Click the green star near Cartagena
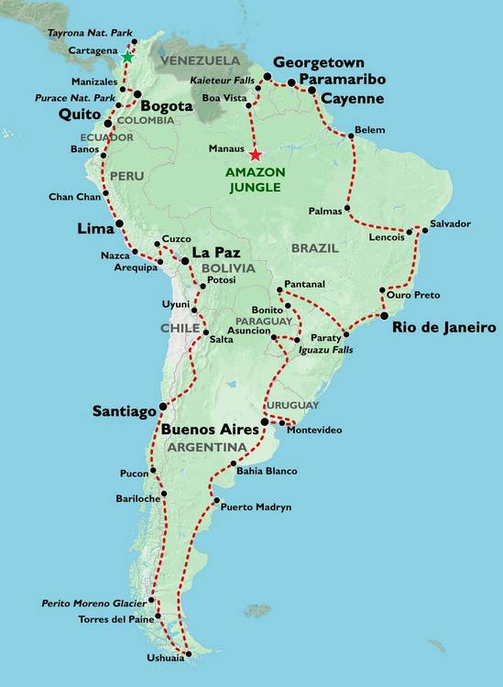pyautogui.click(x=126, y=58)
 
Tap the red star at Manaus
pyautogui.click(x=255, y=155)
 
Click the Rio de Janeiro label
pyautogui.click(x=444, y=327)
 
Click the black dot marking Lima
pyautogui.click(x=119, y=224)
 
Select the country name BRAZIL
pyautogui.click(x=315, y=248)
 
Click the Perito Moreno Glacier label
pyautogui.click(x=95, y=604)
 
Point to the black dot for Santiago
pyautogui.click(x=163, y=407)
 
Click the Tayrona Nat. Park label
pyautogui.click(x=85, y=32)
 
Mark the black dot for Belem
pyautogui.click(x=349, y=136)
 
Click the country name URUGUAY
pyautogui.click(x=293, y=405)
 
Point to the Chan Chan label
pyautogui.click(x=73, y=197)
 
